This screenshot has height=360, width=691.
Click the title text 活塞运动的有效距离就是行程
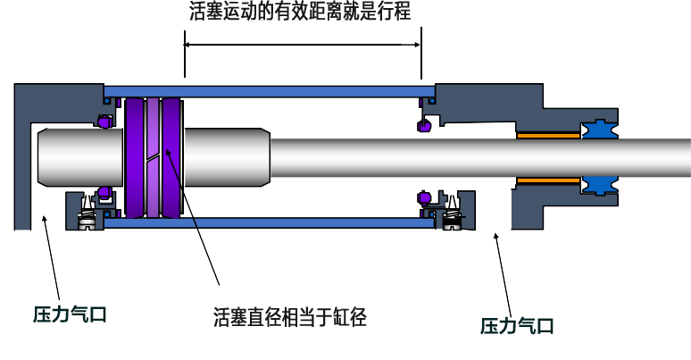(300, 13)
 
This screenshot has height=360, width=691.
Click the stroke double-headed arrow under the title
(302, 44)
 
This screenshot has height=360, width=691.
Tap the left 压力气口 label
(71, 314)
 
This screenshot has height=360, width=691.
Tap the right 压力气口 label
(517, 326)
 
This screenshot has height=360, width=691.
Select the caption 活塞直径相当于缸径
(290, 316)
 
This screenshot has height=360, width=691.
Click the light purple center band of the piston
(152, 156)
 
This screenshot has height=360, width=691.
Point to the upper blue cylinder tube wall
(268, 91)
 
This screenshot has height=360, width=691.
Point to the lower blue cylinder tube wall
(268, 222)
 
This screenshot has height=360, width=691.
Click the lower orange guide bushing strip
(548, 180)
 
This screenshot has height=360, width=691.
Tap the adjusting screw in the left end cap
(86, 212)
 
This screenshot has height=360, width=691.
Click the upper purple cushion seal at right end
(426, 126)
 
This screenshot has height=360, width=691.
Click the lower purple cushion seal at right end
(426, 197)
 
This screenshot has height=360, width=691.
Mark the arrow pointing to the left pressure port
(52, 258)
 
